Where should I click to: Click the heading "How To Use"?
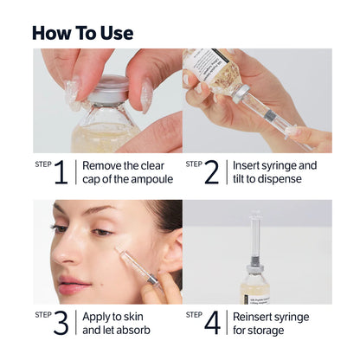point(82,33)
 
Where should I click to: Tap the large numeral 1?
point(61,172)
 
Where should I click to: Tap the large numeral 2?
point(211,172)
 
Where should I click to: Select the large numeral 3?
point(61,324)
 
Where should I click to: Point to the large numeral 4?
point(211,324)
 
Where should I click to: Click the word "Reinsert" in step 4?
point(256,316)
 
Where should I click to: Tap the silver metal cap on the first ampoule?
point(108,89)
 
